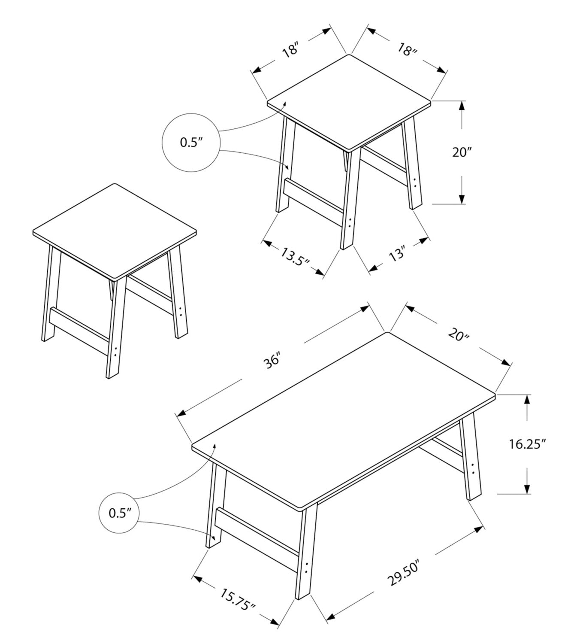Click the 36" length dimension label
(272, 360)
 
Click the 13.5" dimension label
(295, 257)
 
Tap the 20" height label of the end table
(462, 152)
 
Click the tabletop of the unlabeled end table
(115, 231)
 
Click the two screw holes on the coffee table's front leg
(307, 568)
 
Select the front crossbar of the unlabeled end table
(79, 331)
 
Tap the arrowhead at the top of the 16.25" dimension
(527, 399)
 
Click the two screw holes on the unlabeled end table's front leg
(115, 351)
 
